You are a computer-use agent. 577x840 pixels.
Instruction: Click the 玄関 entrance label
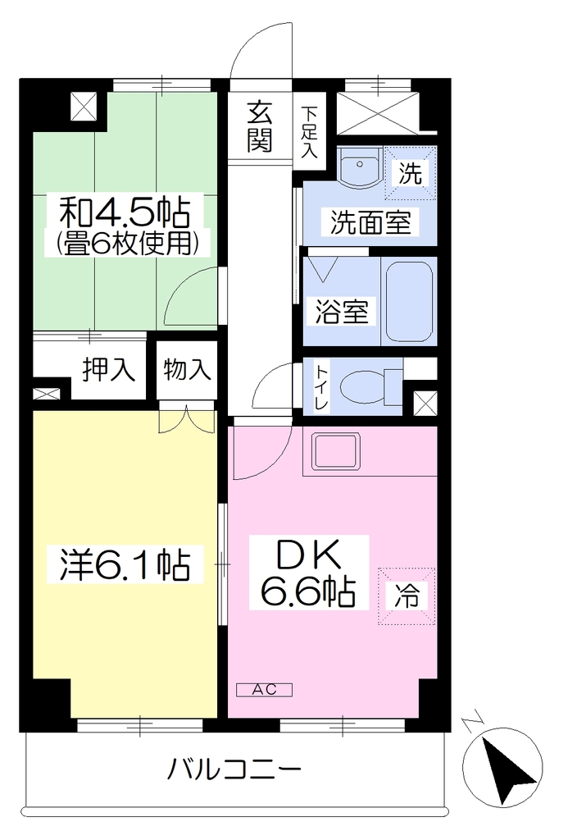(260, 126)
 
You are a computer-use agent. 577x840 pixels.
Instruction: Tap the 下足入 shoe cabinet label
(309, 133)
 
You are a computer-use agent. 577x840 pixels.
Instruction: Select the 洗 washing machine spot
(410, 173)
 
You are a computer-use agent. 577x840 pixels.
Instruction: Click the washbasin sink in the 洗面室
(360, 167)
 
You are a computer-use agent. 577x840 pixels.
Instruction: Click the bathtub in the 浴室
(409, 302)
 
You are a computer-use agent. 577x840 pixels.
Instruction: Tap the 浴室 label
(342, 312)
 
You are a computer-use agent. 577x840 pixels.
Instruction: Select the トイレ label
(321, 388)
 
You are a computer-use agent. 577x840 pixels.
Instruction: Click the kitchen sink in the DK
(337, 451)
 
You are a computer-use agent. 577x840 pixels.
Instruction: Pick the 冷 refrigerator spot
(407, 596)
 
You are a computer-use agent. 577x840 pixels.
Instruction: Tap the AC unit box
(265, 689)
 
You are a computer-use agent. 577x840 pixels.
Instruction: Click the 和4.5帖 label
(125, 212)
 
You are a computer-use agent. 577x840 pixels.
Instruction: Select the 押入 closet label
(109, 370)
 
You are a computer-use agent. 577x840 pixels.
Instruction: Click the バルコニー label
(234, 769)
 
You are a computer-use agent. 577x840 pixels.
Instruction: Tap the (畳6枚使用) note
(129, 244)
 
